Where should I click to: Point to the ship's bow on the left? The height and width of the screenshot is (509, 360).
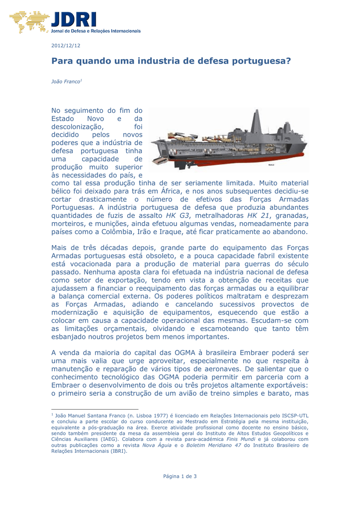157,159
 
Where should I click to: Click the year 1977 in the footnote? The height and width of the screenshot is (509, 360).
153,415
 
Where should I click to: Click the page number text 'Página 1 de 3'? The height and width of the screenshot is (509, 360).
180,477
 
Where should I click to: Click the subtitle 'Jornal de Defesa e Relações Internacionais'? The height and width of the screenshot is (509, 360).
96,31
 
